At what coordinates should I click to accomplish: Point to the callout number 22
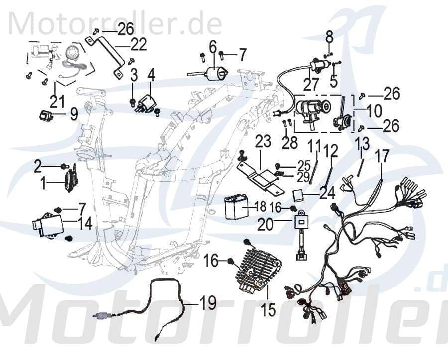(x=139, y=45)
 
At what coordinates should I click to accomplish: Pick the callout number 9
(x=74, y=116)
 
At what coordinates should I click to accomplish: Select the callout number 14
(x=85, y=224)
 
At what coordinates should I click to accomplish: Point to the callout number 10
(x=374, y=110)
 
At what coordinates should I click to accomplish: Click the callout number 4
(x=151, y=75)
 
